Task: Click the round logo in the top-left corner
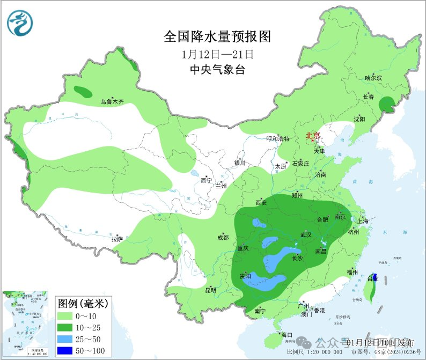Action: (20, 23)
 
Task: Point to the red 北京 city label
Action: (313, 135)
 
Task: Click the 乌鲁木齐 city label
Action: (112, 101)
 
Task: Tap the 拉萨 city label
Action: (117, 239)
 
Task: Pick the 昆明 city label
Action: (210, 290)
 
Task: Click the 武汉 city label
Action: (306, 234)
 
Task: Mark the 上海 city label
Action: (363, 221)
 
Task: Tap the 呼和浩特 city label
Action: (278, 138)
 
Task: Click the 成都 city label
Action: (223, 237)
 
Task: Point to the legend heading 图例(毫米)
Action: (83, 303)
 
